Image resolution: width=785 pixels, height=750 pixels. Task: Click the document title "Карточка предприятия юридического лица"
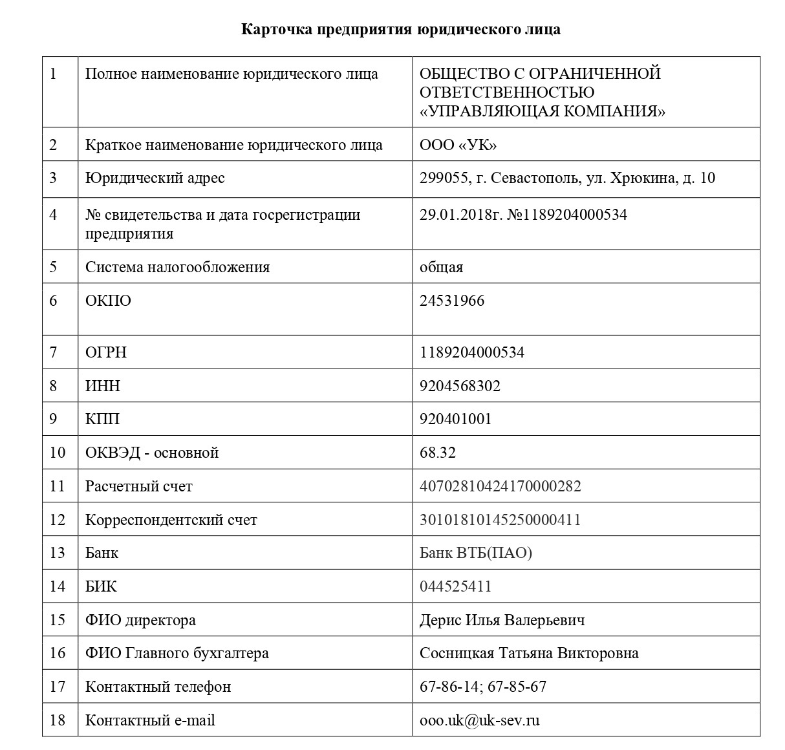pos(400,30)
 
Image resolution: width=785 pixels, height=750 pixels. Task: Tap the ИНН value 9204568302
pos(460,386)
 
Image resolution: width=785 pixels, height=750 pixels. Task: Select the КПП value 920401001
pos(455,419)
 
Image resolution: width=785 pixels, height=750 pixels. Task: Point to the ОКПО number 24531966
pos(451,301)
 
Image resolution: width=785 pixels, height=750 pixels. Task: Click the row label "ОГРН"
pos(106,352)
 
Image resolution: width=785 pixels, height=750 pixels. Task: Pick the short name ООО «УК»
pos(458,145)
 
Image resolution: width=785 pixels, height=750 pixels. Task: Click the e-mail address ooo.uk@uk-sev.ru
pos(479,720)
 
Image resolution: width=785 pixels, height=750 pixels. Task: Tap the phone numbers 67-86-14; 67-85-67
pos(482,687)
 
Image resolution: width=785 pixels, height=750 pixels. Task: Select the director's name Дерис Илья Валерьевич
pos(502,620)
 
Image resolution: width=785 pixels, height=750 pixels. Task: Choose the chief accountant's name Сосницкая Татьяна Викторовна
pos(529,653)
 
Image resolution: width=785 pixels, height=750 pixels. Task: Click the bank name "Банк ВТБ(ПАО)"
pos(475,553)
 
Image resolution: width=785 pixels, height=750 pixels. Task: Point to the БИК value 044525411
pos(455,586)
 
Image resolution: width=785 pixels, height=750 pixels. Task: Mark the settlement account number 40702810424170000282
pos(500,486)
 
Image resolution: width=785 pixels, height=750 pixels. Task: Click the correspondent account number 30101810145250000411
pos(500,520)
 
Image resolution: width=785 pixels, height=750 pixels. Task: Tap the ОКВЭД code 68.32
pos(438,453)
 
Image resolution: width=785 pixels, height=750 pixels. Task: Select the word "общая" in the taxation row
pos(441,267)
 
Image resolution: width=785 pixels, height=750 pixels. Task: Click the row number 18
pos(58,720)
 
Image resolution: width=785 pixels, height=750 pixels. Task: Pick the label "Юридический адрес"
pos(155,178)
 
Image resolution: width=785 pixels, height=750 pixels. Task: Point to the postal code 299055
pos(444,178)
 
